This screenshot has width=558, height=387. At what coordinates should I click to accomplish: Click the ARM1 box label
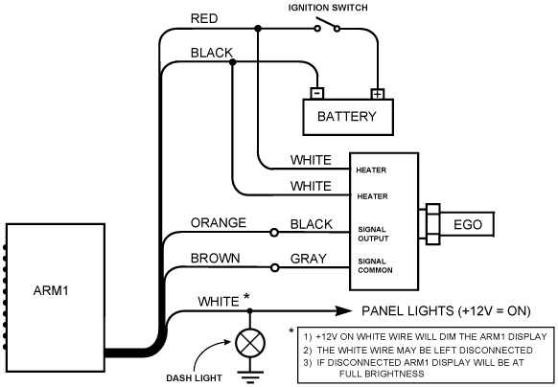pyautogui.click(x=51, y=290)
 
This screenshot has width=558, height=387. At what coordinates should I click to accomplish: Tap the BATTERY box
pyautogui.click(x=348, y=117)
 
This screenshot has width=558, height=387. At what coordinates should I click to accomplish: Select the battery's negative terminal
pyautogui.click(x=317, y=93)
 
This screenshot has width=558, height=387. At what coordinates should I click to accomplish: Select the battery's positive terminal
pyautogui.click(x=378, y=94)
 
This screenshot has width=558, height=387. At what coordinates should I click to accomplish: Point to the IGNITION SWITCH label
pyautogui.click(x=328, y=8)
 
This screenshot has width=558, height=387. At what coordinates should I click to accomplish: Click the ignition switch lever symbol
pyautogui.click(x=327, y=25)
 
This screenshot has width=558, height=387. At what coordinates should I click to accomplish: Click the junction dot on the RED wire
pyautogui.click(x=258, y=28)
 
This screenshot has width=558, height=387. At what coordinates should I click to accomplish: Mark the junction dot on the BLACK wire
pyautogui.click(x=232, y=62)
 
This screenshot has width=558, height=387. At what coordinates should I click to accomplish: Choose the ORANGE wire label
pyautogui.click(x=219, y=222)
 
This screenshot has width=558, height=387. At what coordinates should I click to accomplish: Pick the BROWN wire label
pyautogui.click(x=215, y=258)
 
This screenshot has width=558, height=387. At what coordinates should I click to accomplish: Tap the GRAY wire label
pyautogui.click(x=308, y=259)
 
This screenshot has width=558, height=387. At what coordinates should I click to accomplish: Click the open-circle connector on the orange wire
pyautogui.click(x=274, y=233)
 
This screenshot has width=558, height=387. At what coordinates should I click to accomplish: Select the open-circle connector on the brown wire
pyautogui.click(x=274, y=267)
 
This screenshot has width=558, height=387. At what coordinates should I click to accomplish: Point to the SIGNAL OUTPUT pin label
pyautogui.click(x=373, y=234)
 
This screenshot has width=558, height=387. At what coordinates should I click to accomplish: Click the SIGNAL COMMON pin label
pyautogui.click(x=375, y=265)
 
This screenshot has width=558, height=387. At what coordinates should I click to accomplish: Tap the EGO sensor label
pyautogui.click(x=468, y=224)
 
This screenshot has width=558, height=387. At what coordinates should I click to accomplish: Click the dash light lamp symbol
pyautogui.click(x=250, y=344)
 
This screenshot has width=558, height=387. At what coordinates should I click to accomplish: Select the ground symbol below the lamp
pyautogui.click(x=250, y=377)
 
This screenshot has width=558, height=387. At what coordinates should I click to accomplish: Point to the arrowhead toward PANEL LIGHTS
pyautogui.click(x=343, y=311)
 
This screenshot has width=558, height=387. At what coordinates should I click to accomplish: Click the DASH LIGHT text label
pyautogui.click(x=194, y=377)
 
